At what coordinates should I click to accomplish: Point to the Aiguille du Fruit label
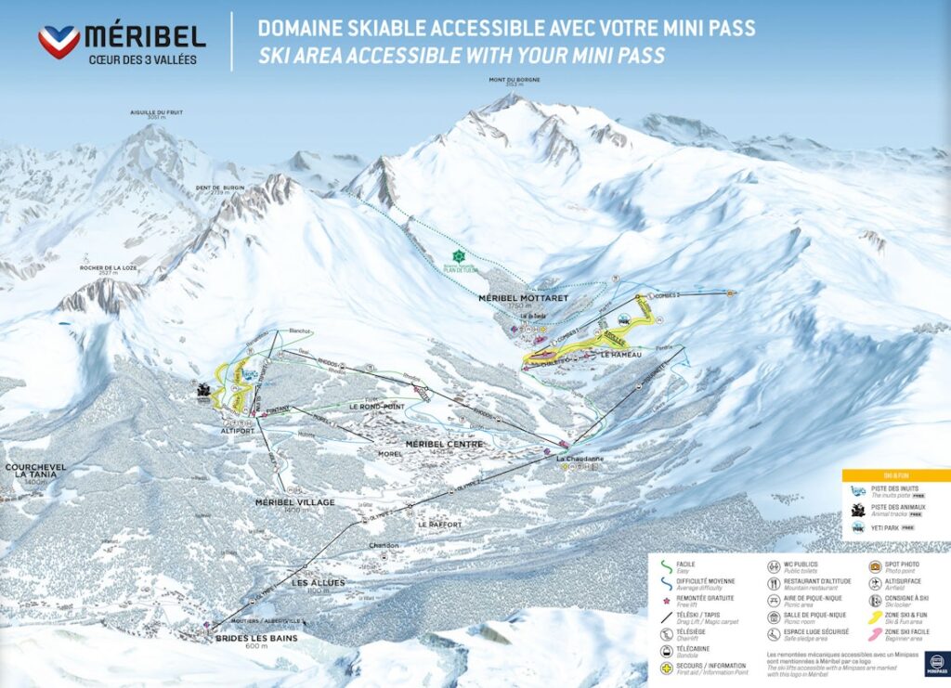pyautogui.click(x=157, y=113)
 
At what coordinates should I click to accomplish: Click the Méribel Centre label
pyautogui.click(x=444, y=444)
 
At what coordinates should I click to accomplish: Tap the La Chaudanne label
pyautogui.click(x=580, y=459)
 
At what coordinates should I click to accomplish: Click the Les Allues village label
pyautogui.click(x=319, y=582)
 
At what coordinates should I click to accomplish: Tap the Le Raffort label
pyautogui.click(x=439, y=525)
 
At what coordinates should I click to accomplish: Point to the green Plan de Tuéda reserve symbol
pyautogui.click(x=457, y=255)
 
